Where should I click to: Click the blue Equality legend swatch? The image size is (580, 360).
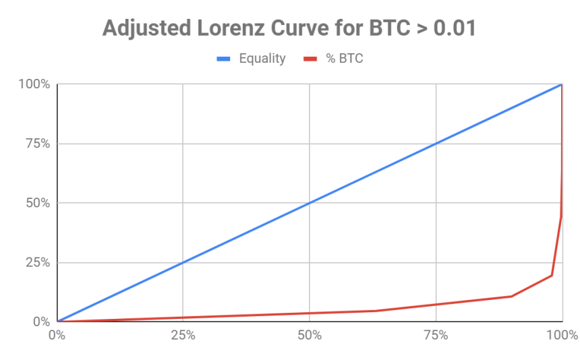tap(223, 59)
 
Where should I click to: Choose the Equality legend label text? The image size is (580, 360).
tap(262, 59)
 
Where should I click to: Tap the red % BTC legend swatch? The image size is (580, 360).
tap(311, 59)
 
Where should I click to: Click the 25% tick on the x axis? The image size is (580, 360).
tap(183, 334)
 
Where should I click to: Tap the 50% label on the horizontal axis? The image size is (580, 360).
tap(310, 334)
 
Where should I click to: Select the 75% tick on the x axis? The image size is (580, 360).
tap(436, 334)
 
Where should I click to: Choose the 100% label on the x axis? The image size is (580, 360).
tap(562, 334)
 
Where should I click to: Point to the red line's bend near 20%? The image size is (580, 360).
tap(552, 275)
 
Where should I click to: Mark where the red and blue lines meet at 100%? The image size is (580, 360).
tap(562, 84)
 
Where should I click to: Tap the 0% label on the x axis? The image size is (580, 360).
tap(57, 334)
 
